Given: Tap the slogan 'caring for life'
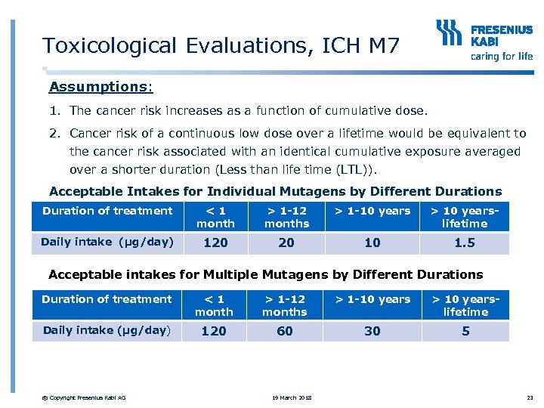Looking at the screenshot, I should click(x=501, y=56).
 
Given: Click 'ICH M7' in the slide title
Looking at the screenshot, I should click(x=360, y=46).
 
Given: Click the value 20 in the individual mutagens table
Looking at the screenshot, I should click(x=286, y=243).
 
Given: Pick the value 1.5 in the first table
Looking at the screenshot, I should click(x=465, y=243).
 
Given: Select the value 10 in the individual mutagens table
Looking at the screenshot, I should click(x=372, y=243).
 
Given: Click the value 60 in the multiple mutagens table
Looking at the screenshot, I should click(x=285, y=331).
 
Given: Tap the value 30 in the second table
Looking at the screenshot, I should click(x=372, y=331).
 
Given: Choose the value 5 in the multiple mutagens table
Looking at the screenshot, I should click(x=465, y=331).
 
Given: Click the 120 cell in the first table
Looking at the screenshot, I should click(x=215, y=243).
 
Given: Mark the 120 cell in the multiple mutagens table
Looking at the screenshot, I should click(x=214, y=331).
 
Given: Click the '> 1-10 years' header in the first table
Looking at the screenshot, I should click(x=372, y=211).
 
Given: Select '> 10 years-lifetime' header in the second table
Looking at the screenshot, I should click(x=465, y=305).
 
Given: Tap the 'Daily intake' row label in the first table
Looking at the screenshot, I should click(x=107, y=242).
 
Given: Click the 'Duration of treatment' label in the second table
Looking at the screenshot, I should click(x=107, y=299).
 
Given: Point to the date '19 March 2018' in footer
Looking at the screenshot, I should click(x=291, y=398).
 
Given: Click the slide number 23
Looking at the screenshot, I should click(x=529, y=398).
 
